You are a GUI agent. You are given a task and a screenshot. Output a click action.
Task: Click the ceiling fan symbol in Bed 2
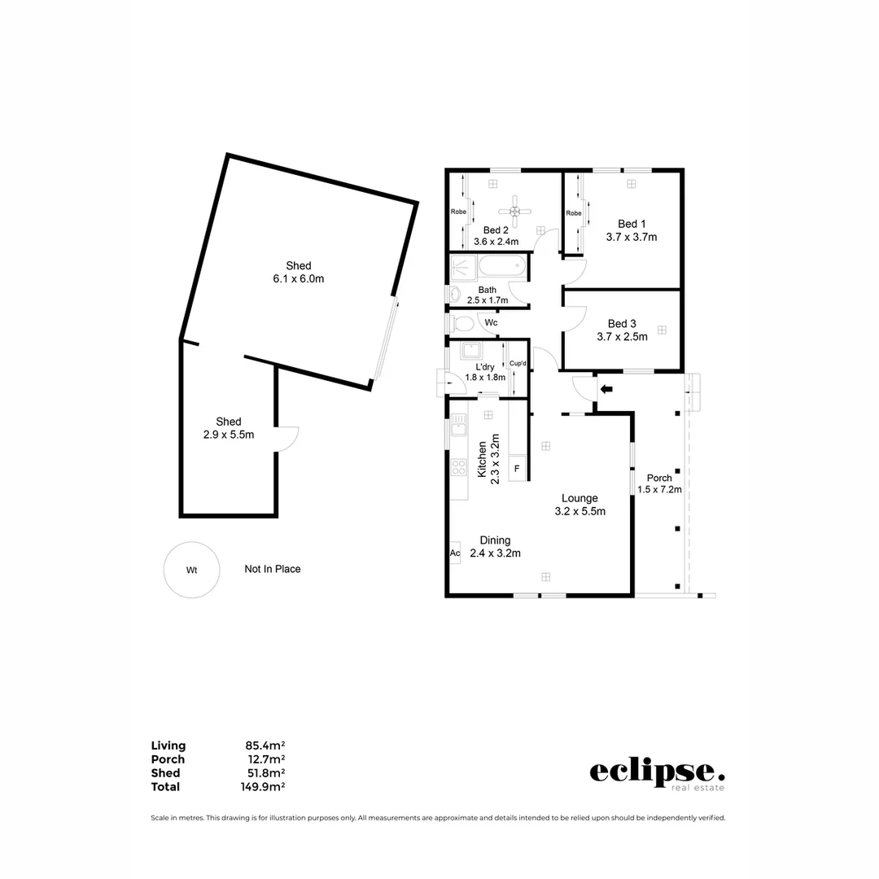click(514, 211)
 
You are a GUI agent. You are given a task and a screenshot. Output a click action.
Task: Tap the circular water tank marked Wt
click(191, 570)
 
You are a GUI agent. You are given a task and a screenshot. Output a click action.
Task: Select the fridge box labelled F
click(516, 469)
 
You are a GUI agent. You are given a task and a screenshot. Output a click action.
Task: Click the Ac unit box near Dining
click(455, 553)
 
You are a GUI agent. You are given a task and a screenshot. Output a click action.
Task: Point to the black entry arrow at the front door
click(606, 389)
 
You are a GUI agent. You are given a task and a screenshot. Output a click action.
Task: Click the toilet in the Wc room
click(462, 323)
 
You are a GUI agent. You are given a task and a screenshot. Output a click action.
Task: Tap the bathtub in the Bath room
click(502, 267)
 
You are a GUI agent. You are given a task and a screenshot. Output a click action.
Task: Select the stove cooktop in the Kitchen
click(459, 467)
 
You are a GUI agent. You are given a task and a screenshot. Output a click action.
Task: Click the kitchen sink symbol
click(459, 424)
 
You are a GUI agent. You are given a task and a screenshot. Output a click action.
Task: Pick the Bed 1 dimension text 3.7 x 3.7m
click(631, 238)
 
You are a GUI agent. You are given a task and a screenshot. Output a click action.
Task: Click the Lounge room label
click(579, 498)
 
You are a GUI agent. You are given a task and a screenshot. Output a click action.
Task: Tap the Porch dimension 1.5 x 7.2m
click(659, 489)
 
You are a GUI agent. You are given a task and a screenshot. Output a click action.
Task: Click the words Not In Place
click(273, 569)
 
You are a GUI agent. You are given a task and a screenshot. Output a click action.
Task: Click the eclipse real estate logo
click(656, 772)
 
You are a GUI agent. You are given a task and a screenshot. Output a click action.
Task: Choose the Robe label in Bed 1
click(574, 213)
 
